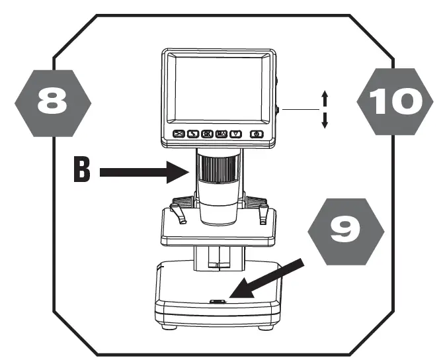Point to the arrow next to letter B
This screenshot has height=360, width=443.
point(146,173)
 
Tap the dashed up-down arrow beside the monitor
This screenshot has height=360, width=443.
point(325,110)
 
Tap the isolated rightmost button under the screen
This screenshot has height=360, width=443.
point(257,134)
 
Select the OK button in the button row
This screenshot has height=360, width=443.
point(207,134)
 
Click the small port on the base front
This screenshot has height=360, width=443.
point(217,302)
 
